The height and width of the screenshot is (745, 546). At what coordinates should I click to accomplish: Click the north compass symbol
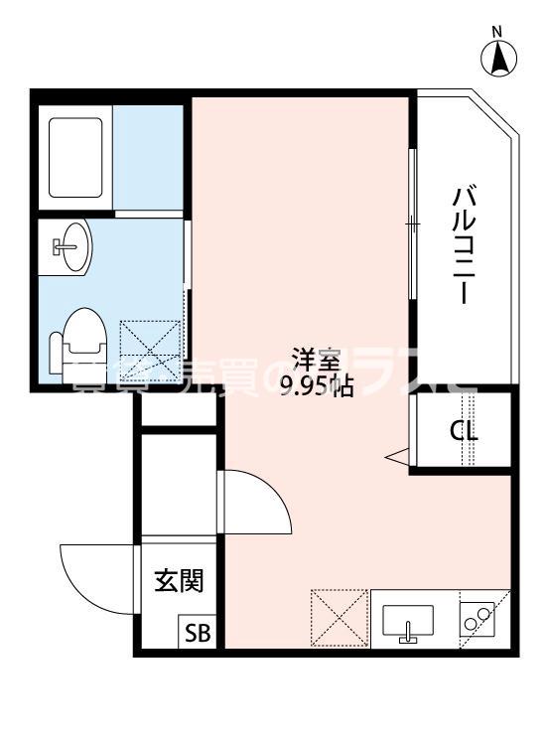click(501, 60)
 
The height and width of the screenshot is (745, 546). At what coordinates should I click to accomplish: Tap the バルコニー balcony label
click(462, 244)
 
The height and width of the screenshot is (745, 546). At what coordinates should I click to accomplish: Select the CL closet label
click(464, 432)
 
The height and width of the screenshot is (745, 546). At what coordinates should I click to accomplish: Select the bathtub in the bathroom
click(74, 157)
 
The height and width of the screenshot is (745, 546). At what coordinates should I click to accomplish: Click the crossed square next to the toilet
click(152, 350)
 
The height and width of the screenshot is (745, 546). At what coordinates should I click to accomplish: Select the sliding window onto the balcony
click(411, 223)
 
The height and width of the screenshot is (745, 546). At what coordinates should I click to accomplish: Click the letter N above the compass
click(501, 31)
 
